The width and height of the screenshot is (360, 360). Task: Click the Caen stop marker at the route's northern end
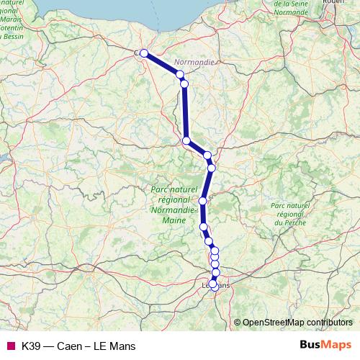(x=144, y=53)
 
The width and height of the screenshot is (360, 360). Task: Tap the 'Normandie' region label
(x=194, y=63)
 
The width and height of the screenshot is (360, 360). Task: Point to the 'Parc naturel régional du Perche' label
(x=289, y=215)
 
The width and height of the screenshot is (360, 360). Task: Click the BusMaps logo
(x=325, y=345)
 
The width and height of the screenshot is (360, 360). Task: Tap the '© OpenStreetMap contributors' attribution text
(x=297, y=322)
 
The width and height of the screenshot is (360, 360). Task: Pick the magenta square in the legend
(x=9, y=346)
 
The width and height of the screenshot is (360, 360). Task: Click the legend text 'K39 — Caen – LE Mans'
(x=78, y=346)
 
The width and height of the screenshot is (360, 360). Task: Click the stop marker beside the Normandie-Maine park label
(x=203, y=201)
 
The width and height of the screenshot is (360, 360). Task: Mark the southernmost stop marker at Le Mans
(x=212, y=285)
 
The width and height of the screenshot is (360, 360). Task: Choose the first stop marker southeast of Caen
(x=180, y=74)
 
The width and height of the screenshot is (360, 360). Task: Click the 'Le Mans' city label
(x=213, y=287)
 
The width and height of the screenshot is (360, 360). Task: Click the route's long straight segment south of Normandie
(x=185, y=112)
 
